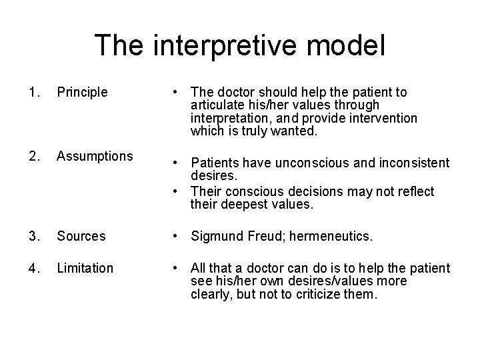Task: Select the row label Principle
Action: pyautogui.click(x=82, y=93)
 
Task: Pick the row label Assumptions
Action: pyautogui.click(x=95, y=156)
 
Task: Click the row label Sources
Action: pyautogui.click(x=81, y=236)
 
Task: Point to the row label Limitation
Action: pyautogui.click(x=85, y=268)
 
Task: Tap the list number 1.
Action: pyautogui.click(x=35, y=93)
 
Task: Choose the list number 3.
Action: pyautogui.click(x=35, y=236)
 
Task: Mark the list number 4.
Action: pyautogui.click(x=35, y=268)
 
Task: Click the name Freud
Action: pyautogui.click(x=270, y=236)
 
